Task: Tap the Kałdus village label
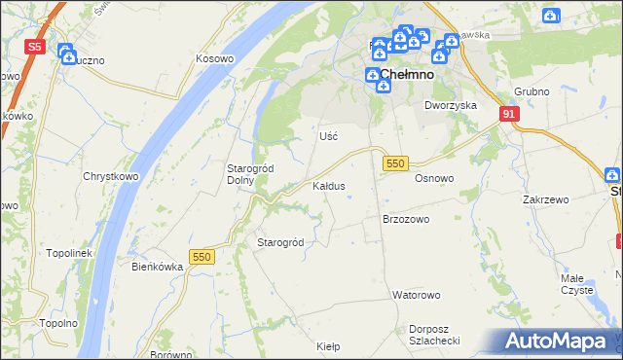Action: tap(328, 185)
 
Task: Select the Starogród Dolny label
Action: tap(250, 174)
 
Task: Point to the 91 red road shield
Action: tap(509, 114)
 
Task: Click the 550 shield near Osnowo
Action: tap(394, 164)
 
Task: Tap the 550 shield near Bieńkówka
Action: tap(202, 256)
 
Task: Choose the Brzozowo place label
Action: tap(406, 220)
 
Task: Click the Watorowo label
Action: tap(417, 294)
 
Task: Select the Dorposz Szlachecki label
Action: tap(434, 335)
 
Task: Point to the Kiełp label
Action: tap(328, 345)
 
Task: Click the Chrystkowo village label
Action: tap(108, 177)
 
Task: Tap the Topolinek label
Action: tap(68, 253)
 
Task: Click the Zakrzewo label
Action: tap(545, 199)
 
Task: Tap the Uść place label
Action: tap(328, 136)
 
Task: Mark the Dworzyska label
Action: tap(449, 104)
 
